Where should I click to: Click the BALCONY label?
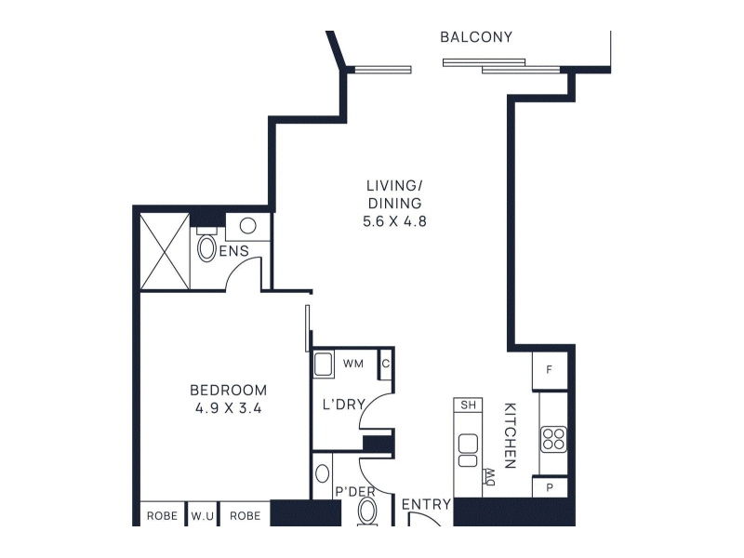[476, 37]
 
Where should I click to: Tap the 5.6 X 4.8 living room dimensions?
[394, 221]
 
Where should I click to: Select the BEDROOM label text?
[228, 390]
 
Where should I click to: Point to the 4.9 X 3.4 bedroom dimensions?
[228, 408]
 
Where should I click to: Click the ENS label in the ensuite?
[234, 250]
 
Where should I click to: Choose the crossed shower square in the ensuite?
[166, 251]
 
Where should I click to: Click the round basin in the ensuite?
[247, 225]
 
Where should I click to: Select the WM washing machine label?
[353, 364]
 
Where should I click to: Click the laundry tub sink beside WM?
[324, 365]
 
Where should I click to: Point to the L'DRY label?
[343, 405]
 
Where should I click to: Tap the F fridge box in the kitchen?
[550, 370]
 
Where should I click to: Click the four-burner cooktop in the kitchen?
[553, 439]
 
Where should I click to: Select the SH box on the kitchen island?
[468, 405]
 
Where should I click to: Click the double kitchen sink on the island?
[468, 450]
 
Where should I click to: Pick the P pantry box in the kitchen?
[550, 487]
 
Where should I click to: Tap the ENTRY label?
[426, 504]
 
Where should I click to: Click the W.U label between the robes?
[202, 516]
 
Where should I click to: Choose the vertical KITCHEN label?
[510, 435]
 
